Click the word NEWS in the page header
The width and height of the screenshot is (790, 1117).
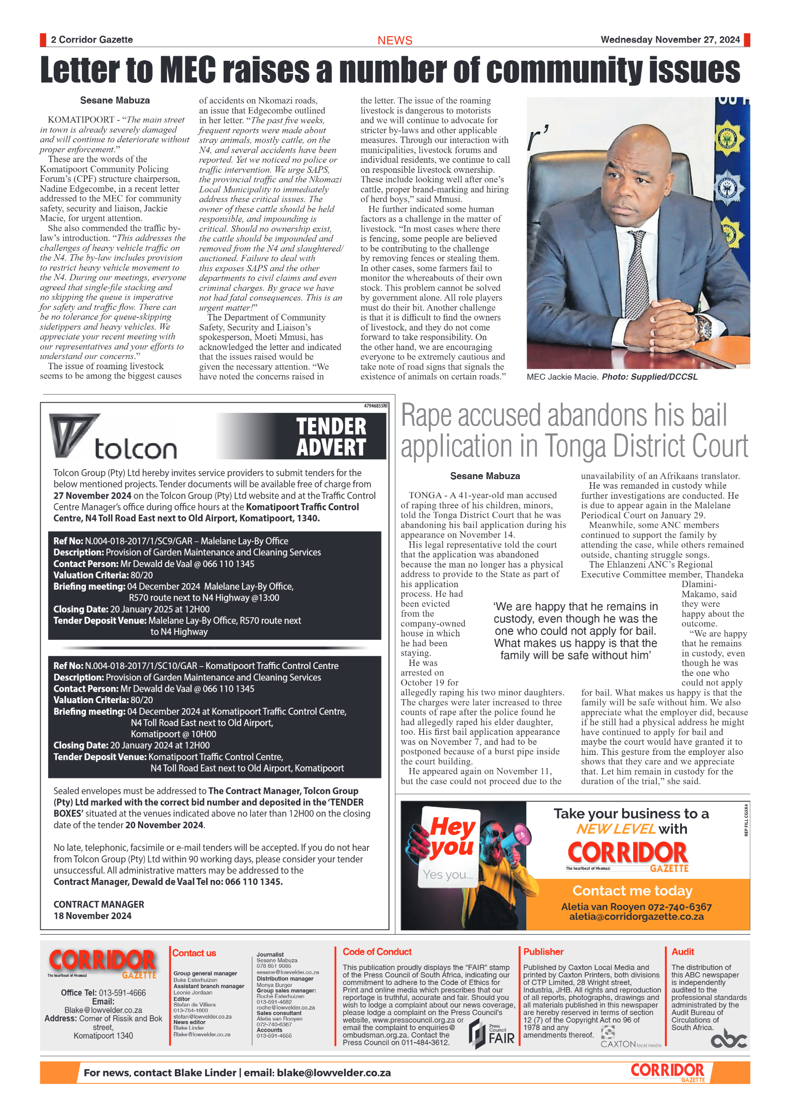[x=394, y=41]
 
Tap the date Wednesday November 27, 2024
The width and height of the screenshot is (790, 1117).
[x=670, y=40]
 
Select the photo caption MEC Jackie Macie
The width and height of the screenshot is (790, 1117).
[x=562, y=377]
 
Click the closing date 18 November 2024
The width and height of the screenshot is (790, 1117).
[x=92, y=916]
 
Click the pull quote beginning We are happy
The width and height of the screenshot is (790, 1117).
[x=575, y=630]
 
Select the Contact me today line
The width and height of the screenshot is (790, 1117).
[x=632, y=890]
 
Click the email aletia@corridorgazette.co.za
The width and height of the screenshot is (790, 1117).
[x=636, y=917]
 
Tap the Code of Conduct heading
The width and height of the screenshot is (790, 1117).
[x=377, y=952]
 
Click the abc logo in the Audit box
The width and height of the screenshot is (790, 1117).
[x=728, y=1038]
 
